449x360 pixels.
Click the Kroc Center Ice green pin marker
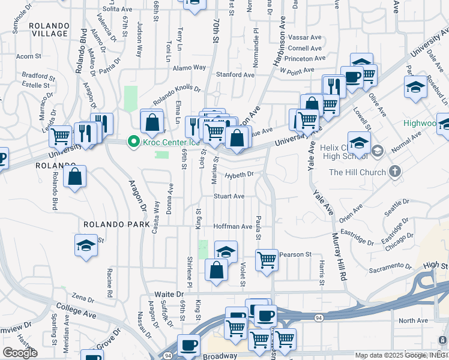[133, 142]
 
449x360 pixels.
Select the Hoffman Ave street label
[233, 226]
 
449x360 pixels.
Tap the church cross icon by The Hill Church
[394, 172]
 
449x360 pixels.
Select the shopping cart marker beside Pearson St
[267, 260]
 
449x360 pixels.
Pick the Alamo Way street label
[189, 67]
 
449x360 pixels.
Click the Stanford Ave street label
[235, 74]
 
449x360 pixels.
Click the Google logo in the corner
[20, 353]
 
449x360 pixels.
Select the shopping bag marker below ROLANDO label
[75, 176]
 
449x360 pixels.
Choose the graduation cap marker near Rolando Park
[86, 245]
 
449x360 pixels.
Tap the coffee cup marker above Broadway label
[189, 345]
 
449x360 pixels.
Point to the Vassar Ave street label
[306, 37]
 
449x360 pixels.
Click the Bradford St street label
[38, 77]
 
